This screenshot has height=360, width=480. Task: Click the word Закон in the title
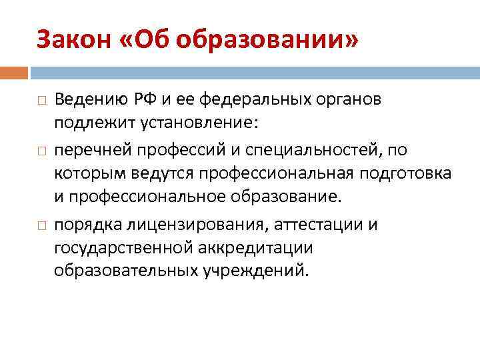click(72, 41)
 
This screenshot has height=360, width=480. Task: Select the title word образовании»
click(266, 41)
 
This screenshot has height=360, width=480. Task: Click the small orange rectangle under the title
click(14, 72)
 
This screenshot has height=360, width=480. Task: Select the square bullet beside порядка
click(41, 225)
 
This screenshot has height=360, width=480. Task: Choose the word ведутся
click(158, 173)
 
